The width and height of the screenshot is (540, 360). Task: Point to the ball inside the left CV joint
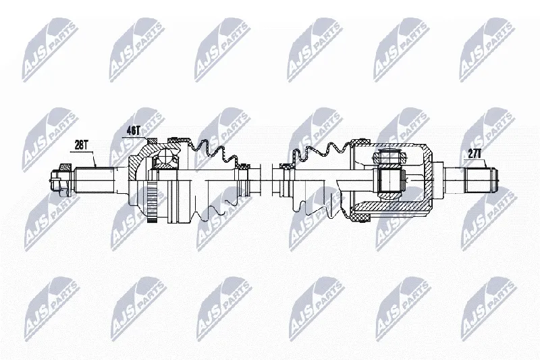166,158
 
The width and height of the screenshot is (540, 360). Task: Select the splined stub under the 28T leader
94,180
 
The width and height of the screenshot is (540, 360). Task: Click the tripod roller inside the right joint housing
389,158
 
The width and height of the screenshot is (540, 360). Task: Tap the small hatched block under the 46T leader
152,141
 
